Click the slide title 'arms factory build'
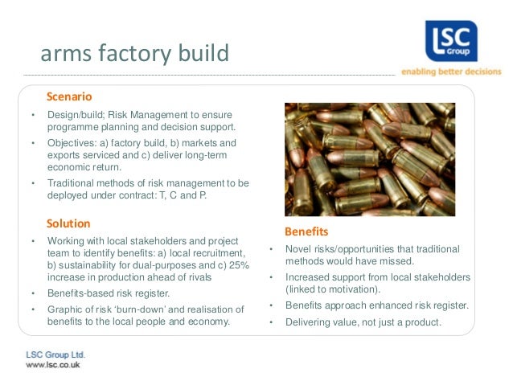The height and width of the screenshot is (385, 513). click(x=134, y=54)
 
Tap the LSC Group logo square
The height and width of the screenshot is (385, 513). click(x=451, y=40)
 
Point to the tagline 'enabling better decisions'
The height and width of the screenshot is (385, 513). click(x=451, y=72)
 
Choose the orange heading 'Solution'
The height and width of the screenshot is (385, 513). click(x=68, y=223)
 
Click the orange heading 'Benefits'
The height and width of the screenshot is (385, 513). click(x=306, y=231)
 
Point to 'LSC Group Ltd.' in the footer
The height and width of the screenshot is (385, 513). click(x=55, y=354)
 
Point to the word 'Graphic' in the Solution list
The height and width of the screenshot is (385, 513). click(x=65, y=309)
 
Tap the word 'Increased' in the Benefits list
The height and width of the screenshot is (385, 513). click(x=308, y=277)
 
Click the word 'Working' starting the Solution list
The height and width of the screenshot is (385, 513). click(x=67, y=240)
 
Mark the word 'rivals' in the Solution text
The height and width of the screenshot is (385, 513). click(x=199, y=276)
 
